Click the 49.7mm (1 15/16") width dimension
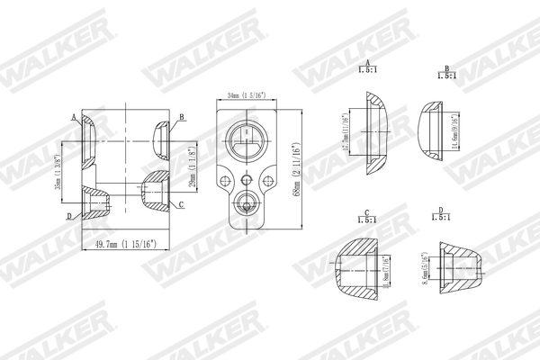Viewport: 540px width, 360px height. click(125, 244)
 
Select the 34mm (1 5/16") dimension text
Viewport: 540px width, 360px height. click(246, 94)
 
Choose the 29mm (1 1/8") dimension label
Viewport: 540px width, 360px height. click(191, 169)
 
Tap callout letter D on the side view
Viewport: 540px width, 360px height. click(69, 217)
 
